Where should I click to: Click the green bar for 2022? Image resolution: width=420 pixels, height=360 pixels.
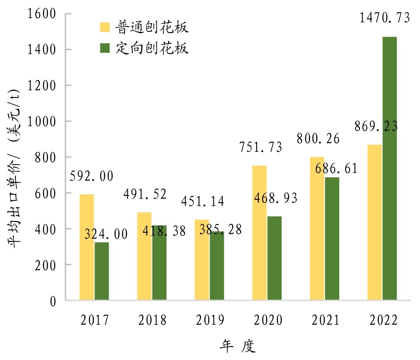[390, 168]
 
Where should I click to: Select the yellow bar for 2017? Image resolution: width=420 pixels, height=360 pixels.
[87, 247]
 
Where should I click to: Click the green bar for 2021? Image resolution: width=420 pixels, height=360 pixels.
[332, 239]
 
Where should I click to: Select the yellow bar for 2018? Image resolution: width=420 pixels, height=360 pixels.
[144, 256]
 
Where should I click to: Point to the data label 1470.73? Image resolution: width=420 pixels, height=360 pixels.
[378, 19]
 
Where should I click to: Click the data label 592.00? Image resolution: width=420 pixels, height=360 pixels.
[92, 176]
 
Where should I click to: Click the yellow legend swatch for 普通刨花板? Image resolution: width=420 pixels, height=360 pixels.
[104, 28]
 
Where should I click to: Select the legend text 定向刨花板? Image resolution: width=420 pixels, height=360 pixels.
[152, 48]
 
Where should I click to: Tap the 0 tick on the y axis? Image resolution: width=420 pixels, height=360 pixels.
[53, 301]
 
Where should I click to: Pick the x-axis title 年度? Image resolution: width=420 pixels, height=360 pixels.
[238, 346]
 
